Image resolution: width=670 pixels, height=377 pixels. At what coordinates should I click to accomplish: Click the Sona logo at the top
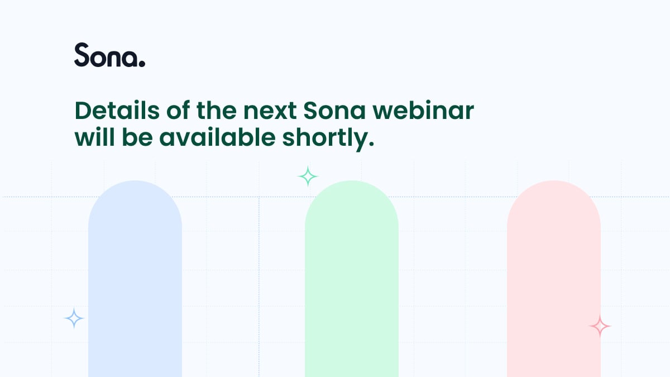coord(110,55)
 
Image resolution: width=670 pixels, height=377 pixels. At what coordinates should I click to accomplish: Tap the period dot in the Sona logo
coord(142,64)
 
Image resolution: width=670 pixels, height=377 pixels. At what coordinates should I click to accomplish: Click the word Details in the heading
coord(117,111)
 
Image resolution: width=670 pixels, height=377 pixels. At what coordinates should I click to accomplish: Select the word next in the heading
coord(270,111)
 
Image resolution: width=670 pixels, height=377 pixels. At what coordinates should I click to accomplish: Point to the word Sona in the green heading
coord(334,111)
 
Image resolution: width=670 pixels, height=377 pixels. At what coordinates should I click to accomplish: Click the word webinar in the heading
coord(423,111)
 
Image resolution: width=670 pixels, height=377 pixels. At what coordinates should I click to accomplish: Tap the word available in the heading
coord(217,137)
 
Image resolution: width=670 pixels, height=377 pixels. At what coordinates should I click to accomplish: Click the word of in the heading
coord(178,111)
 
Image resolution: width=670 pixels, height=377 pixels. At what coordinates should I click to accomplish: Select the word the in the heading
coord(217,111)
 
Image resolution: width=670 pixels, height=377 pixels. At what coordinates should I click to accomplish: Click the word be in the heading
coord(137,137)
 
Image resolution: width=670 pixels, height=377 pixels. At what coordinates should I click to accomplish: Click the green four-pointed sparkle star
coord(308,176)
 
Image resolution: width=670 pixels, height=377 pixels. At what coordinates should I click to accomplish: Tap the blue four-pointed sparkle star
coord(74,318)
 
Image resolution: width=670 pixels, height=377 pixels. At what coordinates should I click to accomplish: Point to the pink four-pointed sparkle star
coord(600,326)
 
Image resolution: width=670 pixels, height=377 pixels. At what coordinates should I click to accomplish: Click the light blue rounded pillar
coord(135,279)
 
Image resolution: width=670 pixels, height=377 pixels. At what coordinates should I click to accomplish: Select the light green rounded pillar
coord(352,279)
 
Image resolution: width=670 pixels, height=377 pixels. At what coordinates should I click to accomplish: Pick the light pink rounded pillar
coord(554,279)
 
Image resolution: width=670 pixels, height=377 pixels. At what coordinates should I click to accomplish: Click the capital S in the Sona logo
coord(82,55)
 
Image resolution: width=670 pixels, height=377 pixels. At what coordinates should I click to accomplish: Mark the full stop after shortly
coord(371,144)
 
